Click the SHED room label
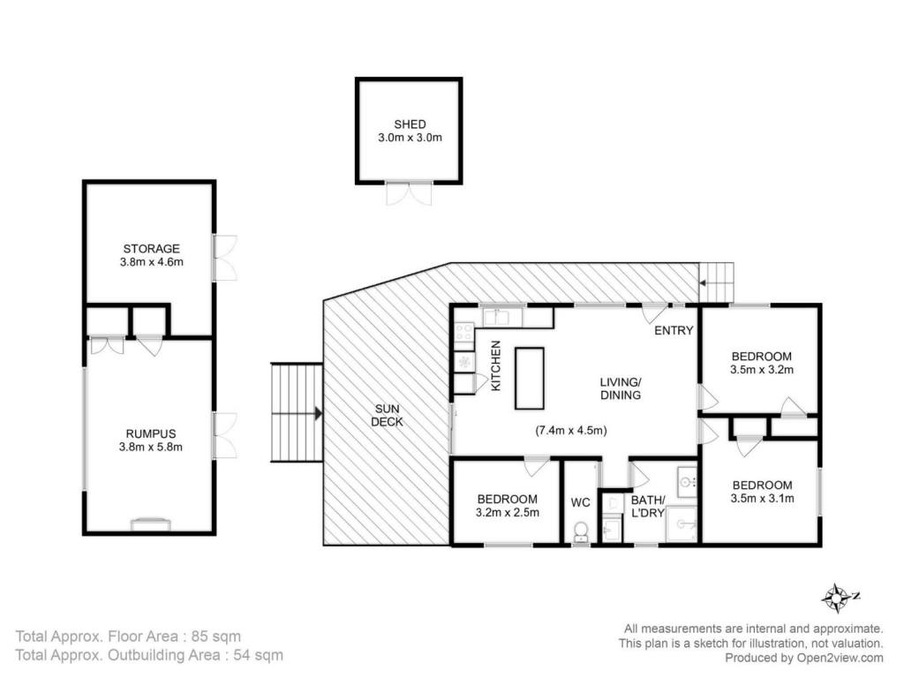(x=410, y=124)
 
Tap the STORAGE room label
(x=152, y=248)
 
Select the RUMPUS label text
(x=151, y=433)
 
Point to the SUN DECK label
(x=387, y=415)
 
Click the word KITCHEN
(x=496, y=366)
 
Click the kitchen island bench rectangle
(x=530, y=378)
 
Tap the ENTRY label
(x=674, y=330)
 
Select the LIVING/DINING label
(x=621, y=388)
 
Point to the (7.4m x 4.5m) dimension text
(x=571, y=430)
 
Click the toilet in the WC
(x=581, y=531)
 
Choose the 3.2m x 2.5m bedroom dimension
(x=508, y=512)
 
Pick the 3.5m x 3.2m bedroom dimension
(x=762, y=370)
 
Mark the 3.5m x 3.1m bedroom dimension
(x=762, y=499)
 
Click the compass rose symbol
(x=836, y=598)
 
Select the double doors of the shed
(x=409, y=193)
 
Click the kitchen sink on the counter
(x=496, y=317)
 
